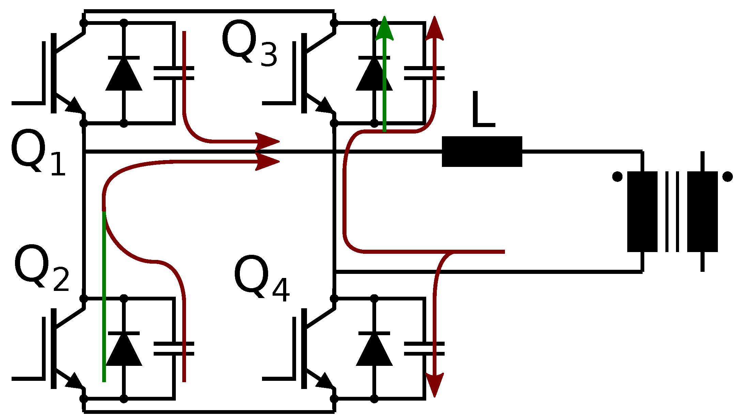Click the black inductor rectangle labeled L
pyautogui.click(x=482, y=152)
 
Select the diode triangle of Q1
pyautogui.click(x=124, y=75)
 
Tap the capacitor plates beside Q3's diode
pyautogui.click(x=424, y=73)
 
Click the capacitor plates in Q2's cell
pyautogui.click(x=174, y=349)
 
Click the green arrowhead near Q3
pyautogui.click(x=384, y=29)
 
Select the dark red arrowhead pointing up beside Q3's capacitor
pyautogui.click(x=434, y=29)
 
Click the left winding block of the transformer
pyautogui.click(x=642, y=212)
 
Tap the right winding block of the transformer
pyautogui.click(x=702, y=212)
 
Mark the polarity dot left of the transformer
pyautogui.click(x=617, y=177)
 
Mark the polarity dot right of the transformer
pyautogui.click(x=727, y=177)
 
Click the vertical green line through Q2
pyautogui.click(x=104, y=296)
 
